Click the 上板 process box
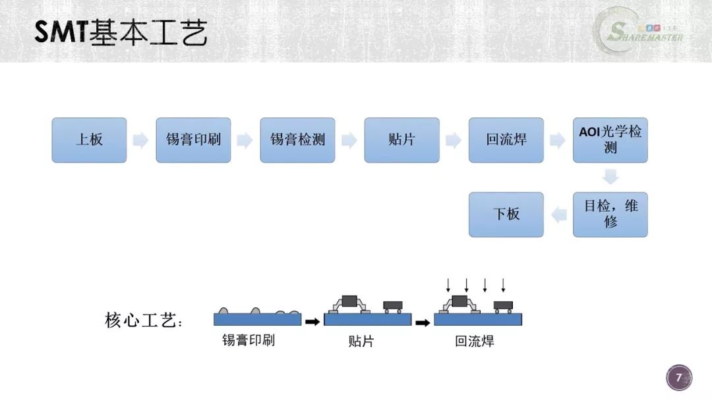pos(89,140)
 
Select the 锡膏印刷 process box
pos(193,140)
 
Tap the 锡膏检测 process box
pos(297,140)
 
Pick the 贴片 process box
pos(402,140)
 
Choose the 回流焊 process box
pos(506,140)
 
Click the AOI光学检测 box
pos(610,140)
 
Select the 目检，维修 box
pos(610,214)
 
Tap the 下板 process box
pos(506,214)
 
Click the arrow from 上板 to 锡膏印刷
pos(141,140)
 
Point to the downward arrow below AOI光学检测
pos(610,176)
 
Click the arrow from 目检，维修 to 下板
pos(559,214)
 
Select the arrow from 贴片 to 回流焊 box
pos(454,140)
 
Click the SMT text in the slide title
pos(61,32)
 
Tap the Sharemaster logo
pos(640,32)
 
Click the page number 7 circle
pos(679,377)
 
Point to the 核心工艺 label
pos(144,320)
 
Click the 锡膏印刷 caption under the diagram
pos(249,340)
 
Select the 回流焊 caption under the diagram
pos(475,341)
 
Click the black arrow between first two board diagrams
pos(312,322)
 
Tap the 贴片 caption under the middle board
pos(361,341)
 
